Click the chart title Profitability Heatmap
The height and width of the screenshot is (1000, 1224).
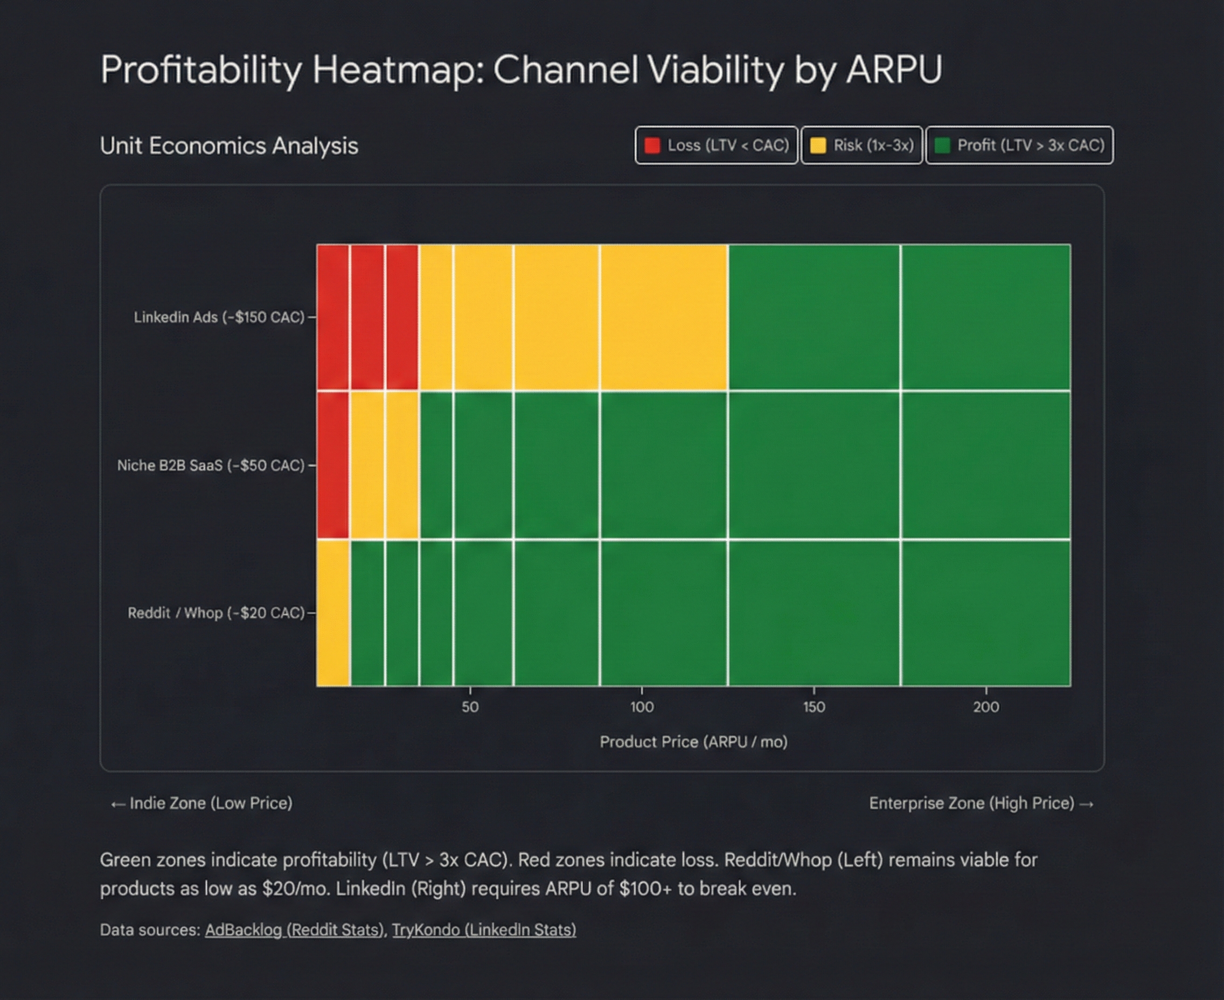coord(521,70)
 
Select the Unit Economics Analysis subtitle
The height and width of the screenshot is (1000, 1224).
coord(228,145)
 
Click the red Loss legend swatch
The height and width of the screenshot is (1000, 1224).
coord(652,145)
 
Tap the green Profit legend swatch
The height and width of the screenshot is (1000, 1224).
coord(942,145)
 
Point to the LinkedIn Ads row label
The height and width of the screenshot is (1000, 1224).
coord(219,317)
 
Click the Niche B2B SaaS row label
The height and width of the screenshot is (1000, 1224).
coord(210,466)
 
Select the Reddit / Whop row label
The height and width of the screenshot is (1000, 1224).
coord(216,613)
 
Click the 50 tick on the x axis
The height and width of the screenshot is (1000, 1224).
coord(470,707)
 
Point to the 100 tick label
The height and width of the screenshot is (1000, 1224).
coord(642,707)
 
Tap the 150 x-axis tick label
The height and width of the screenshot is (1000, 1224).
coord(813,707)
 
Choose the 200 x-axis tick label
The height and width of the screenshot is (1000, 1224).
coord(986,707)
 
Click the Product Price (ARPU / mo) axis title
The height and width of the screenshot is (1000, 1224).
coord(693,742)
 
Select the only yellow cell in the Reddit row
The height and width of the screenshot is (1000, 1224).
coord(333,613)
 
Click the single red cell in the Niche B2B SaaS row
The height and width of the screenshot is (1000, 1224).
coord(333,466)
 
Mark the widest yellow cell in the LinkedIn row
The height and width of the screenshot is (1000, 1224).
coord(664,317)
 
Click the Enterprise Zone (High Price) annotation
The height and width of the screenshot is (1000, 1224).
coord(981,803)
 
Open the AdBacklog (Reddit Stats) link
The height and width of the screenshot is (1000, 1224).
coord(294,930)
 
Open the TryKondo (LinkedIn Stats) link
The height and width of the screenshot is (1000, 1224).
coord(484,930)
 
